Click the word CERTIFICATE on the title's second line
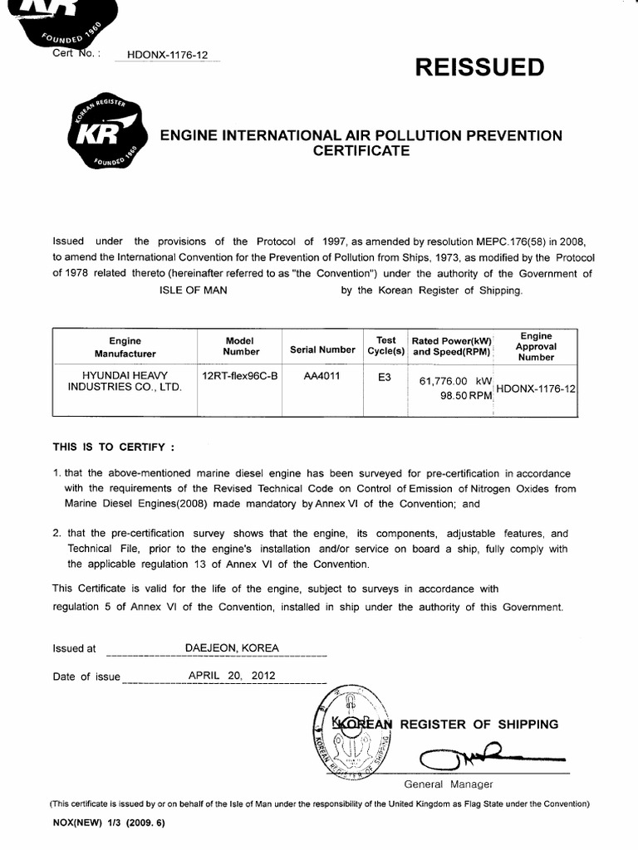click(x=361, y=151)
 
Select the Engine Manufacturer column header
click(x=125, y=347)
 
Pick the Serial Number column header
click(x=322, y=350)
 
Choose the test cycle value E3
click(x=384, y=375)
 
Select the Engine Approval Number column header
click(x=536, y=346)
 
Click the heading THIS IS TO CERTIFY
click(x=114, y=446)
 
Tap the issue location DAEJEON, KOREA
click(x=232, y=647)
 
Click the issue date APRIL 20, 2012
click(x=230, y=676)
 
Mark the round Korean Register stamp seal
click(x=353, y=731)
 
